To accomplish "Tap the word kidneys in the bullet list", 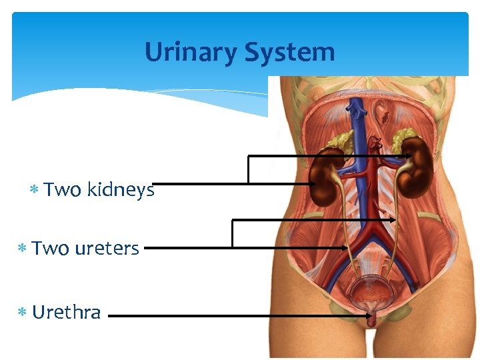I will (121, 190).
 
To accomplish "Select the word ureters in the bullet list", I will (107, 249).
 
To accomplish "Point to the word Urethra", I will (66, 312).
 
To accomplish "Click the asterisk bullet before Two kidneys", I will (33, 191).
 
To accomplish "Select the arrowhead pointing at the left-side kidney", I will (313, 183).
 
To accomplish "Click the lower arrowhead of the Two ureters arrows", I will (345, 247).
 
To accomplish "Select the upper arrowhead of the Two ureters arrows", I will (392, 219).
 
